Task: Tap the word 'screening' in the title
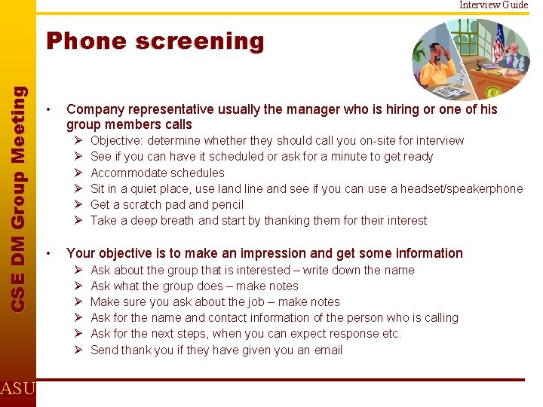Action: (199, 41)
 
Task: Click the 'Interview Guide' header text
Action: (494, 5)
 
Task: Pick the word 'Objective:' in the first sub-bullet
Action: (117, 141)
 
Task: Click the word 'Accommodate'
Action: (124, 173)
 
